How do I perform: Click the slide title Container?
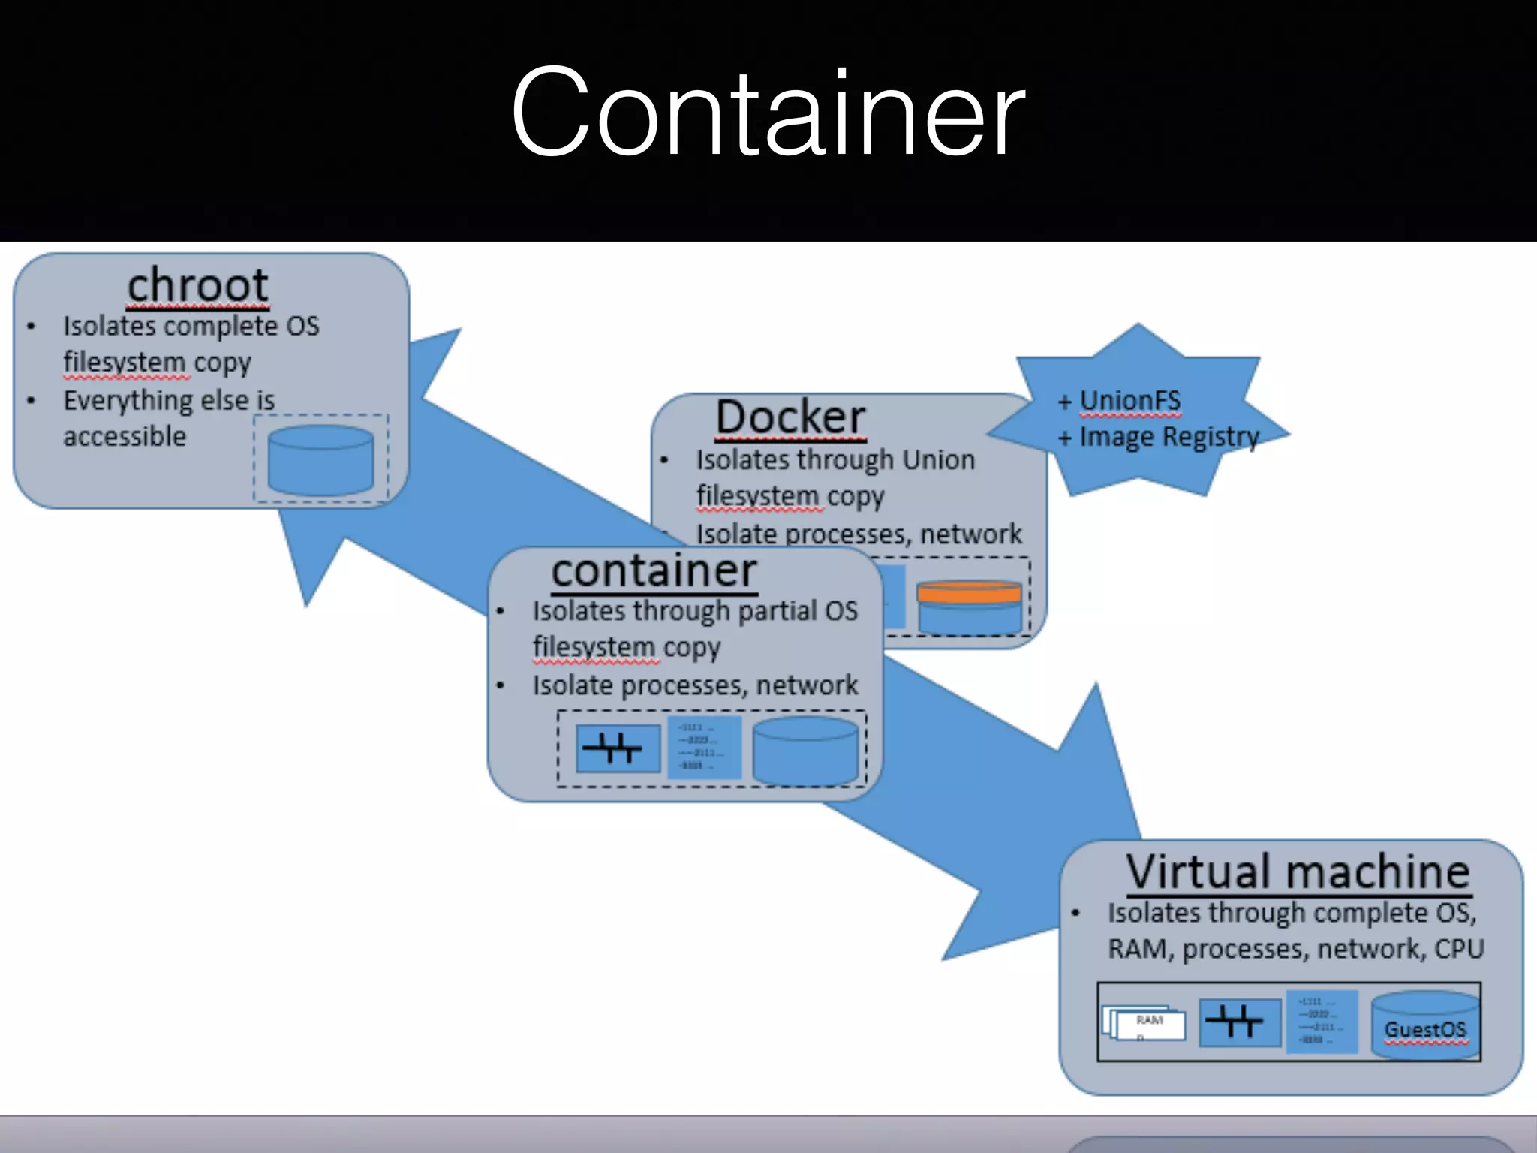[x=767, y=113]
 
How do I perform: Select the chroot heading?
[x=197, y=285]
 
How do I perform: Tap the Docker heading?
[x=790, y=417]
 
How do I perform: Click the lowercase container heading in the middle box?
[x=654, y=571]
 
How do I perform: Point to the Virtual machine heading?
[x=1298, y=872]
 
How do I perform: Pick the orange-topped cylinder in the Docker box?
[x=969, y=607]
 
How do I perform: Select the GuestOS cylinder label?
[x=1424, y=1030]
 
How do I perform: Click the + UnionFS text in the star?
[x=1120, y=401]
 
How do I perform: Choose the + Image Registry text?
[x=1159, y=437]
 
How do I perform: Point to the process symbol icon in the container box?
[x=618, y=748]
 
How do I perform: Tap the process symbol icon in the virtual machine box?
[x=1239, y=1022]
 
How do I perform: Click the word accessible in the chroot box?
[x=125, y=436]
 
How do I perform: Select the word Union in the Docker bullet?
[x=938, y=459]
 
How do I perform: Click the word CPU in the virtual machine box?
[x=1459, y=949]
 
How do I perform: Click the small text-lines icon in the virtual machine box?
[x=1322, y=1022]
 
